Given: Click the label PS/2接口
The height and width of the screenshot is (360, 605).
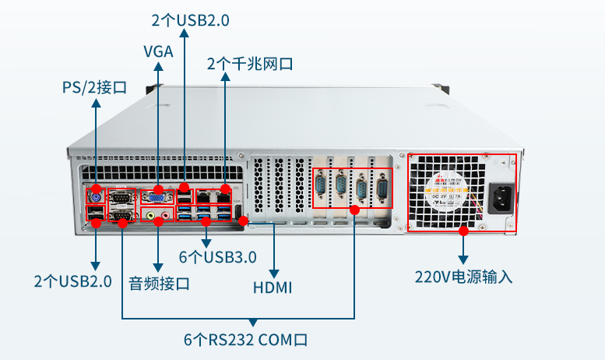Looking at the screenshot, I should [x=94, y=86].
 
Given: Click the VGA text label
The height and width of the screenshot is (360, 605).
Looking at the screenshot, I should [x=158, y=52].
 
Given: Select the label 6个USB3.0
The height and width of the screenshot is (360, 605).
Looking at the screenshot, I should [x=217, y=256].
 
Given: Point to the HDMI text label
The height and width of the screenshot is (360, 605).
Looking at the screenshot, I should [x=273, y=288].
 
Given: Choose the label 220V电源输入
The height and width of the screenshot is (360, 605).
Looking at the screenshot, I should [x=463, y=277].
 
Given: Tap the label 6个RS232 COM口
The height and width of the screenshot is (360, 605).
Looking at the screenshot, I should [x=245, y=340].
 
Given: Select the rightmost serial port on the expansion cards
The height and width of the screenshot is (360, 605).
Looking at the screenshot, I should [x=382, y=190].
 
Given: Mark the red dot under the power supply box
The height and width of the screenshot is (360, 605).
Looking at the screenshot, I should [x=463, y=231].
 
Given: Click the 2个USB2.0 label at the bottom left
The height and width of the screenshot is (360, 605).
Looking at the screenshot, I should [x=72, y=281].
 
